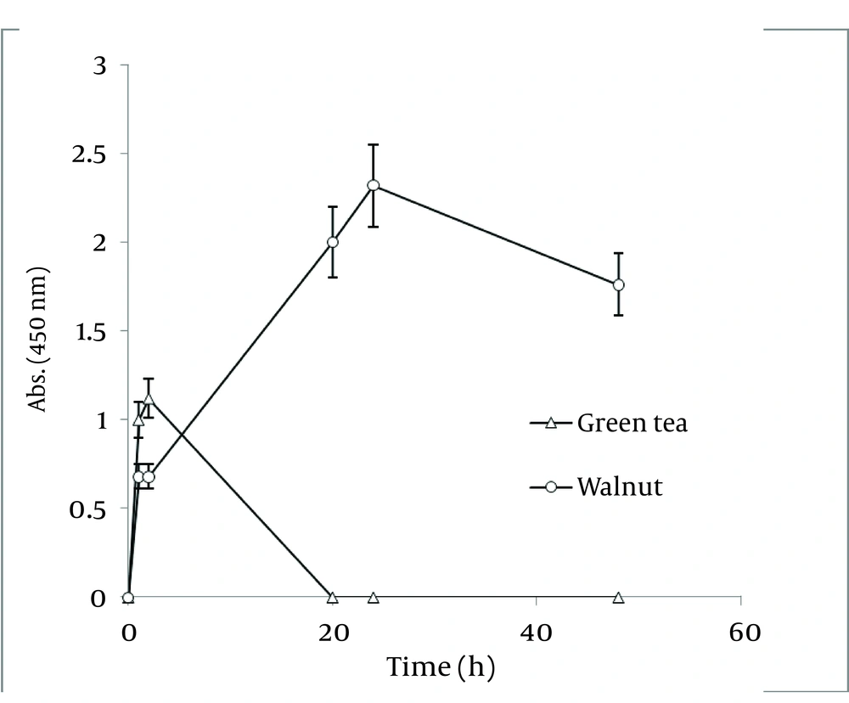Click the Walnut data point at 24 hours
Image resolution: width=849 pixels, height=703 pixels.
pos(373,185)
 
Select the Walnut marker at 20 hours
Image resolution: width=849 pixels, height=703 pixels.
pos(333,242)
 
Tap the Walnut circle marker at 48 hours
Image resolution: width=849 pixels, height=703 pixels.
pos(618,284)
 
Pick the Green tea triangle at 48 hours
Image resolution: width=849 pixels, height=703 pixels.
pos(618,598)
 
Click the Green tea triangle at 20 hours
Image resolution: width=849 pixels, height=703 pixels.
pos(333,598)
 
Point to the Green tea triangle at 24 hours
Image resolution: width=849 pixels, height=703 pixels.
pos(373,598)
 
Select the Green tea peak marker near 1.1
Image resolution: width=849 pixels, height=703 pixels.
pos(149,398)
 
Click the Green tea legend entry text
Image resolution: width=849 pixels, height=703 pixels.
pos(632,423)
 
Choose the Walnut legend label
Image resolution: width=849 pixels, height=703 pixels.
pos(619,487)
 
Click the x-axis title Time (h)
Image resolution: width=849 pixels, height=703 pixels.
pos(440,668)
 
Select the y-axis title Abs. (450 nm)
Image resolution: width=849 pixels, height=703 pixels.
pos(38,340)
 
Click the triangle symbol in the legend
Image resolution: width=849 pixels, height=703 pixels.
pos(550,423)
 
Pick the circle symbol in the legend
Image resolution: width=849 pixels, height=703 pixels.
pos(550,487)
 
